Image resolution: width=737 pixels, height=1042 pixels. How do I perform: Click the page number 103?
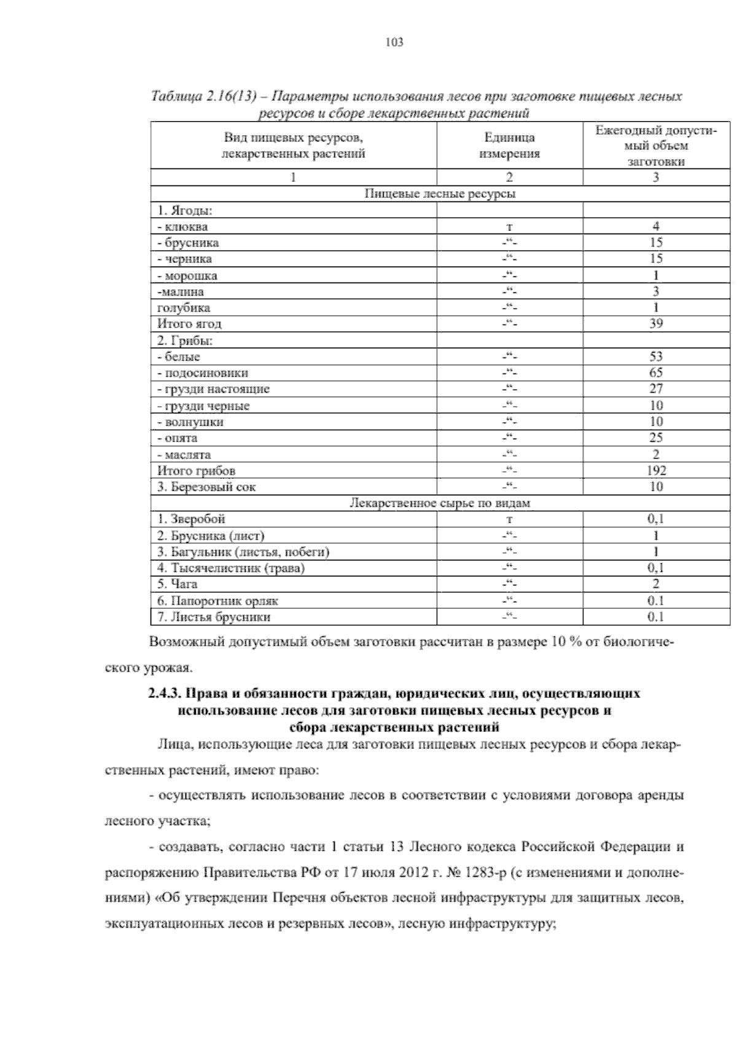(x=394, y=42)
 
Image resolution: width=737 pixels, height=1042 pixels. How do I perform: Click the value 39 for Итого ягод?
(x=656, y=324)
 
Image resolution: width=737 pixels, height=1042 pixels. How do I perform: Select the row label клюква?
(x=185, y=227)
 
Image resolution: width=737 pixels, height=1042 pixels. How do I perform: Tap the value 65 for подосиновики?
(x=656, y=373)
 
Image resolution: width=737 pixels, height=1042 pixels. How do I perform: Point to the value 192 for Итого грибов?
(x=656, y=471)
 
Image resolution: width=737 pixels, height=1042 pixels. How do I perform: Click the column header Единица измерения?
(x=509, y=146)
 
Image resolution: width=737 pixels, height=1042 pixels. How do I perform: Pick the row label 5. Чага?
(x=177, y=584)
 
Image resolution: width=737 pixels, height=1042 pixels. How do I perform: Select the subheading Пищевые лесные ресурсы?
(x=440, y=194)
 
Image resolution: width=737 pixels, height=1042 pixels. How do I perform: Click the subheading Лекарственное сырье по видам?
(x=440, y=503)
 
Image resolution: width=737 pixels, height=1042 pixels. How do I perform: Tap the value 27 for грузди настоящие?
(x=656, y=389)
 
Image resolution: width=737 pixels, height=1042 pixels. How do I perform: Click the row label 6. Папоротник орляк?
(x=217, y=601)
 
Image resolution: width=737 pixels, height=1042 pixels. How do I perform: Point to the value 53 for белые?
(x=656, y=357)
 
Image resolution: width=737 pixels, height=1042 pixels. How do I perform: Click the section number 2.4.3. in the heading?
(x=163, y=694)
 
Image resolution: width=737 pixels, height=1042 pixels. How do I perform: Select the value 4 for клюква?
(x=656, y=227)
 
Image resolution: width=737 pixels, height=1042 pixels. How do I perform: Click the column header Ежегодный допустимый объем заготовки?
(x=656, y=146)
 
